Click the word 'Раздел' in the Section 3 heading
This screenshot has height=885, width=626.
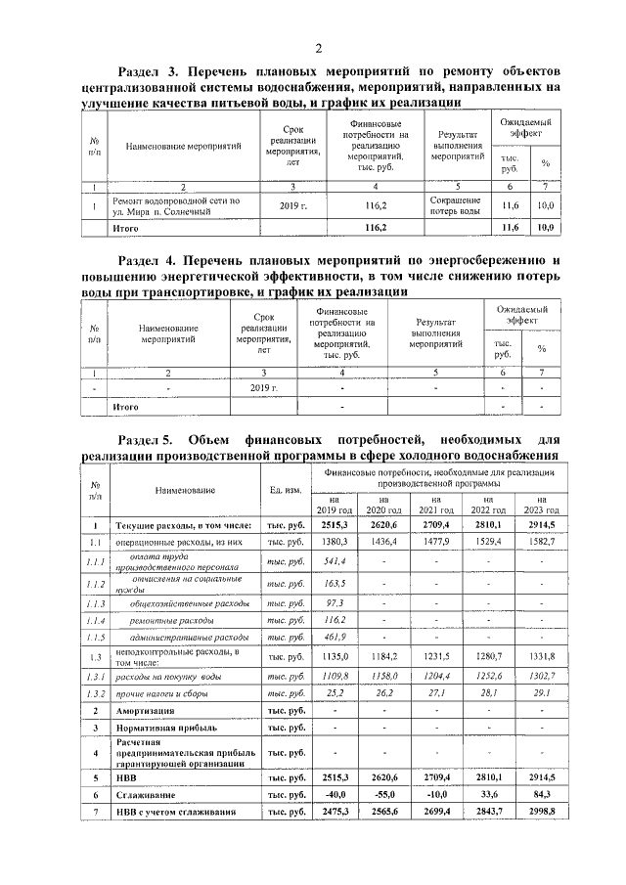point(140,72)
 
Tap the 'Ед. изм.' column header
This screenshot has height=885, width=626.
point(286,489)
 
